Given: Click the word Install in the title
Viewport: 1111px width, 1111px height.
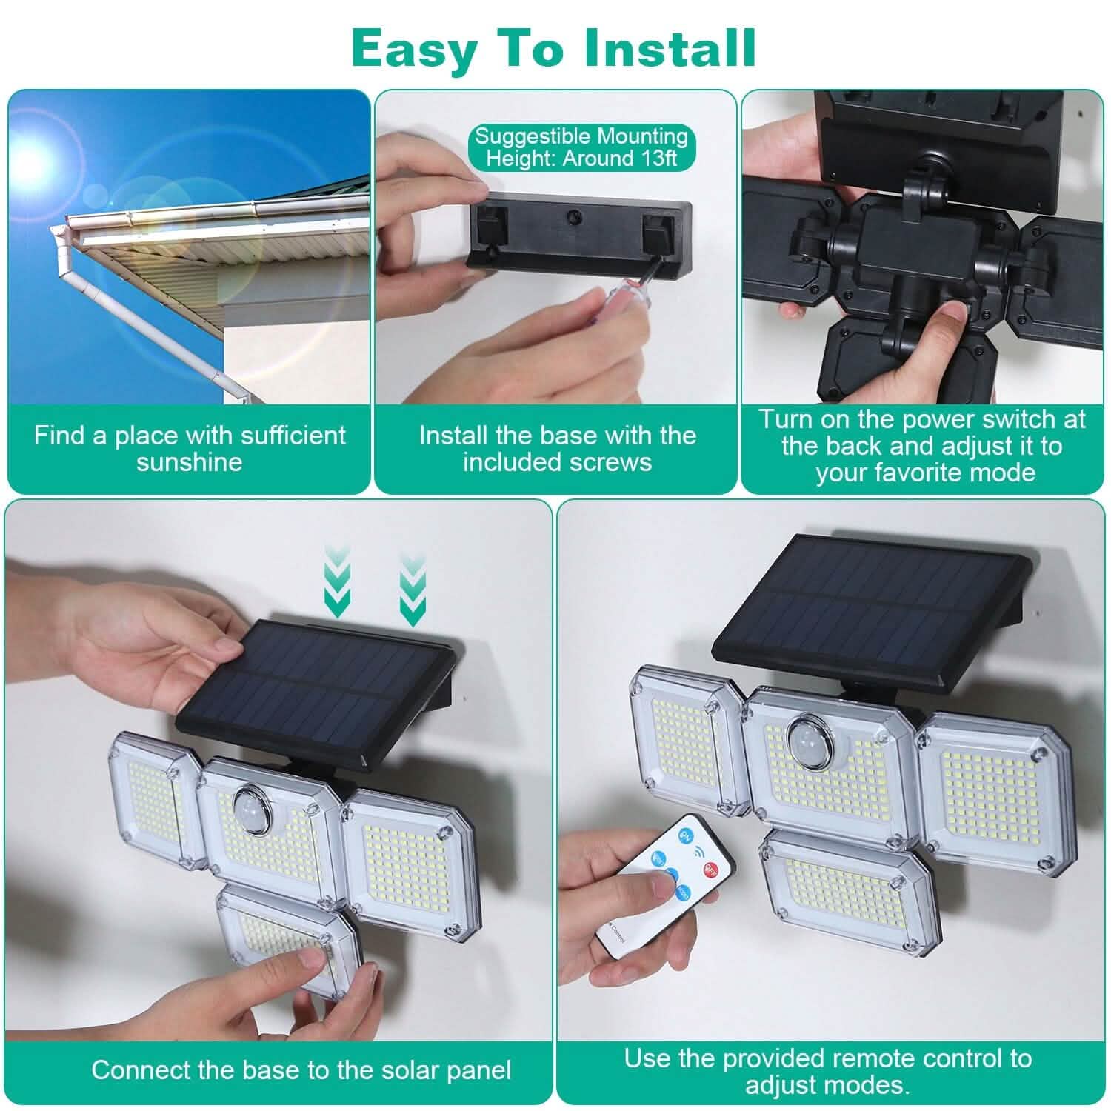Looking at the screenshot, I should tap(670, 48).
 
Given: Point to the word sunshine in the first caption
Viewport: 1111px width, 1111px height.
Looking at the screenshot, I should tap(189, 463).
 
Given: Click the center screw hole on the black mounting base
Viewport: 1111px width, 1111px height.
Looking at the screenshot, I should tap(571, 218).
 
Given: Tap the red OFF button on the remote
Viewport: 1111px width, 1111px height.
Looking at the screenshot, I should tap(713, 867).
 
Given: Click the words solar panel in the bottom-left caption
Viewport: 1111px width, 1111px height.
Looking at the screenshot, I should tap(445, 1070).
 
